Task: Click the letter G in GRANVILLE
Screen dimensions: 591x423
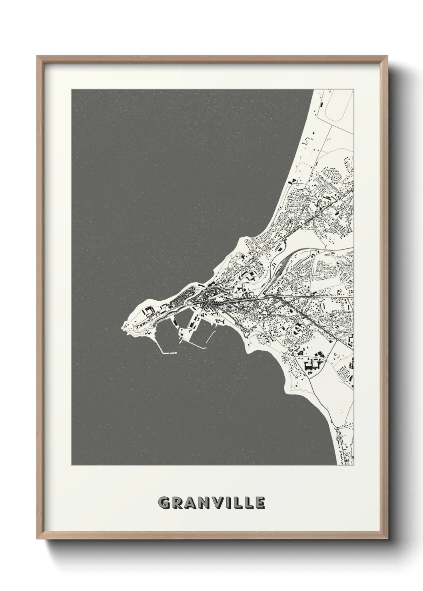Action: coord(164,502)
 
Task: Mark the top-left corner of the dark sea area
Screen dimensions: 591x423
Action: coord(72,90)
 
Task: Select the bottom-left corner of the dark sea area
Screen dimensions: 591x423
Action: coord(72,464)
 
